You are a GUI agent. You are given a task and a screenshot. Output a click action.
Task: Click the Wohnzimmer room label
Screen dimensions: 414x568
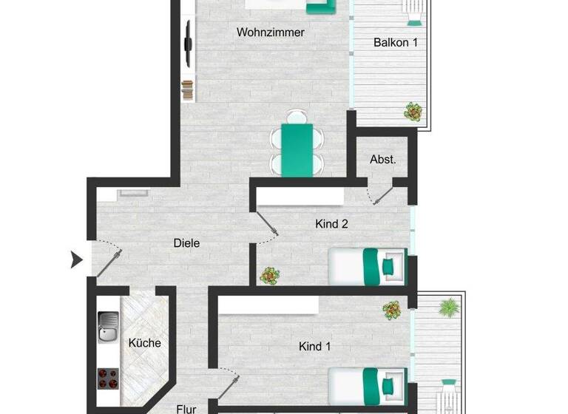tap(270, 33)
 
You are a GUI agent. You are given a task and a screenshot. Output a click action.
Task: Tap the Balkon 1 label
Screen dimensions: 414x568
tap(395, 43)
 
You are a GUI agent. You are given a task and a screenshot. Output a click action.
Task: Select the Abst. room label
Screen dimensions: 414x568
tap(382, 159)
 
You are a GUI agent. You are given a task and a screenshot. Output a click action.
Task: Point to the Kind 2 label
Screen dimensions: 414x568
tap(331, 224)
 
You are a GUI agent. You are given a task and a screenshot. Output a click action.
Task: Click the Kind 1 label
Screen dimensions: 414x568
tap(314, 346)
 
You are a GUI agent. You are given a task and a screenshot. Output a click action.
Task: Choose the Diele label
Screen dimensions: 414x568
tap(186, 243)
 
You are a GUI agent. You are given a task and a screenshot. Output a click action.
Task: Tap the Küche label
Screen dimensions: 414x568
tap(144, 343)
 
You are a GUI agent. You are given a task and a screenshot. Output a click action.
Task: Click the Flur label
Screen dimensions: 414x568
tap(186, 407)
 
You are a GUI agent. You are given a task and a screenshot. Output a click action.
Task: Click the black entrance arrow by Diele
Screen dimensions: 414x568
tap(76, 259)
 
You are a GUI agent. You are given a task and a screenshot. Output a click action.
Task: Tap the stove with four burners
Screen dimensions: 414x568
tap(108, 379)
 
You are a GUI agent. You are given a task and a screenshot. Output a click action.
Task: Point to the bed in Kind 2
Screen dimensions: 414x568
tap(368, 265)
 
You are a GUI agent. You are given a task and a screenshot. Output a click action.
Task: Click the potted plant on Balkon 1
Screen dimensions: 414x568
tap(413, 112)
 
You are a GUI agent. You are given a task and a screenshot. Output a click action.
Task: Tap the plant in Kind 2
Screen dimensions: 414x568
tap(270, 276)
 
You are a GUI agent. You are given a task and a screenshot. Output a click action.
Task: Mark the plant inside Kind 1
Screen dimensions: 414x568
tap(392, 309)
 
